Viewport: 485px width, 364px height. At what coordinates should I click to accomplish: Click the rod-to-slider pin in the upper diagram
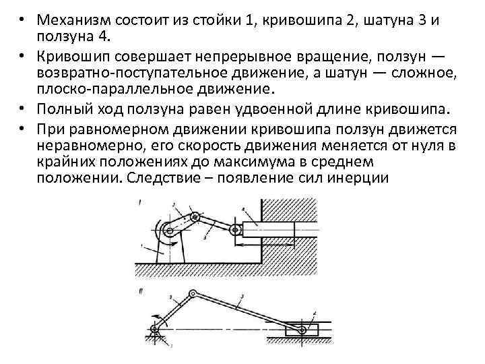236,231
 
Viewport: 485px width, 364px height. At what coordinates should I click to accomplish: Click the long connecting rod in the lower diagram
249,312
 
